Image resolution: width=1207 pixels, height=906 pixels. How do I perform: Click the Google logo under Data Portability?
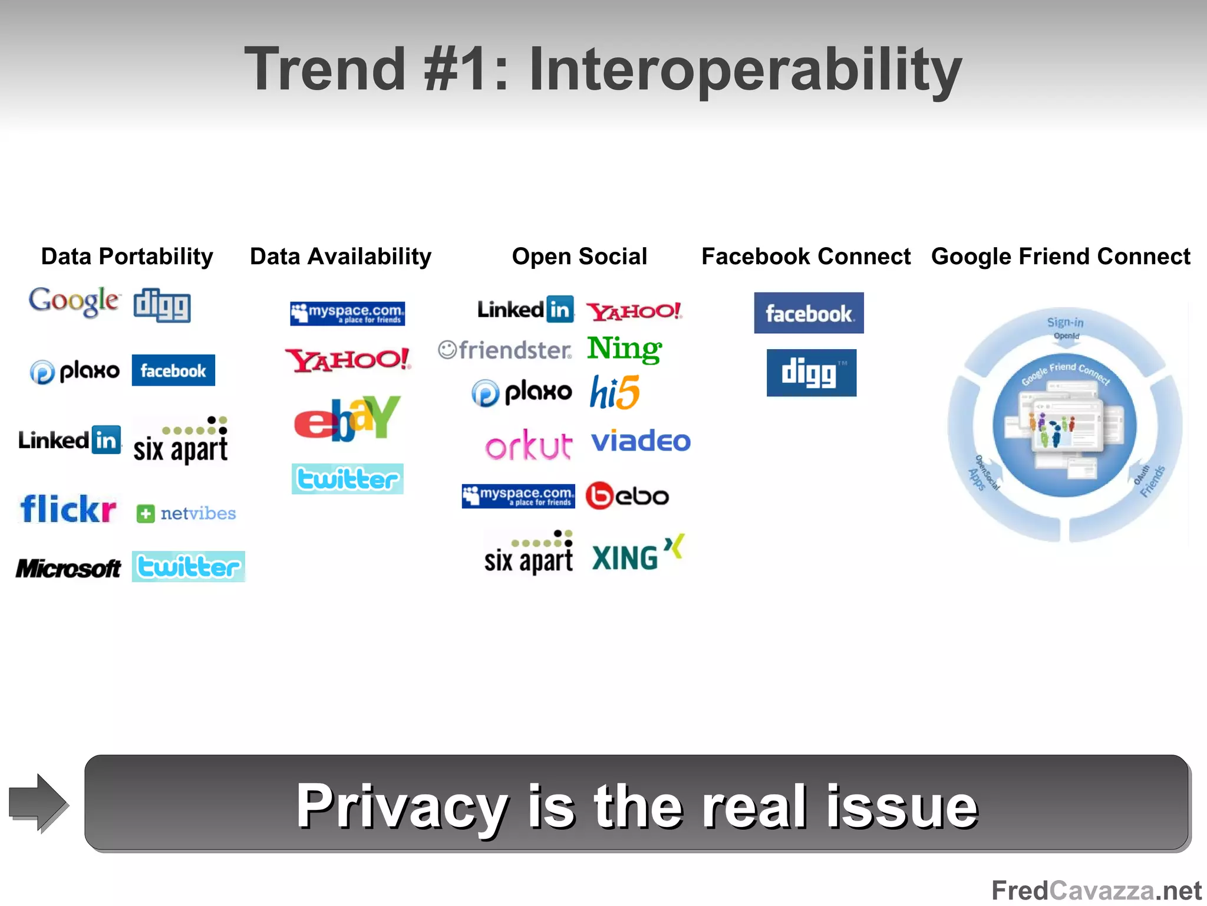pos(74,301)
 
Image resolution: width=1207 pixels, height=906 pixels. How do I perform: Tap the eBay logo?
pos(347,418)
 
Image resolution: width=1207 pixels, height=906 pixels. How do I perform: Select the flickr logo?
pos(68,509)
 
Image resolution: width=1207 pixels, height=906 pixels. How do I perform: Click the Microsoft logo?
pos(68,569)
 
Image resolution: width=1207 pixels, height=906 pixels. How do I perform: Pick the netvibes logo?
pos(186,514)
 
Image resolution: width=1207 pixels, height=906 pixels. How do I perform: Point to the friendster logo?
pos(505,350)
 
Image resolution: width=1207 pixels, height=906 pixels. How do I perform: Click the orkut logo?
pos(529,446)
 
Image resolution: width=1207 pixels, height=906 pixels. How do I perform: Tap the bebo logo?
pos(627,496)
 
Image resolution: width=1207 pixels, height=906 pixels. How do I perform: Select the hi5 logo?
pos(615,393)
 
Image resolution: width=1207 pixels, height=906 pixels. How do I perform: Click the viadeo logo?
pos(641,441)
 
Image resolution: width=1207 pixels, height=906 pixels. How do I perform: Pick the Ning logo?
pos(625,349)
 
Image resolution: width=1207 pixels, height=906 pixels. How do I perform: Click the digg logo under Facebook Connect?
pos(811,373)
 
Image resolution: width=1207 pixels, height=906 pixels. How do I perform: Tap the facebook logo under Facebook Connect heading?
pos(809,313)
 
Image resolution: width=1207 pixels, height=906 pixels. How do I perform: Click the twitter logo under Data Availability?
pos(347,479)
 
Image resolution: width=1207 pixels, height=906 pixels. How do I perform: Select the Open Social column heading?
pos(579,257)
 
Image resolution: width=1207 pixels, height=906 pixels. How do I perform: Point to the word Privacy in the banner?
pos(402,806)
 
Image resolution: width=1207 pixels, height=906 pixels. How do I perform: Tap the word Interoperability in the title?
pos(745,70)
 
